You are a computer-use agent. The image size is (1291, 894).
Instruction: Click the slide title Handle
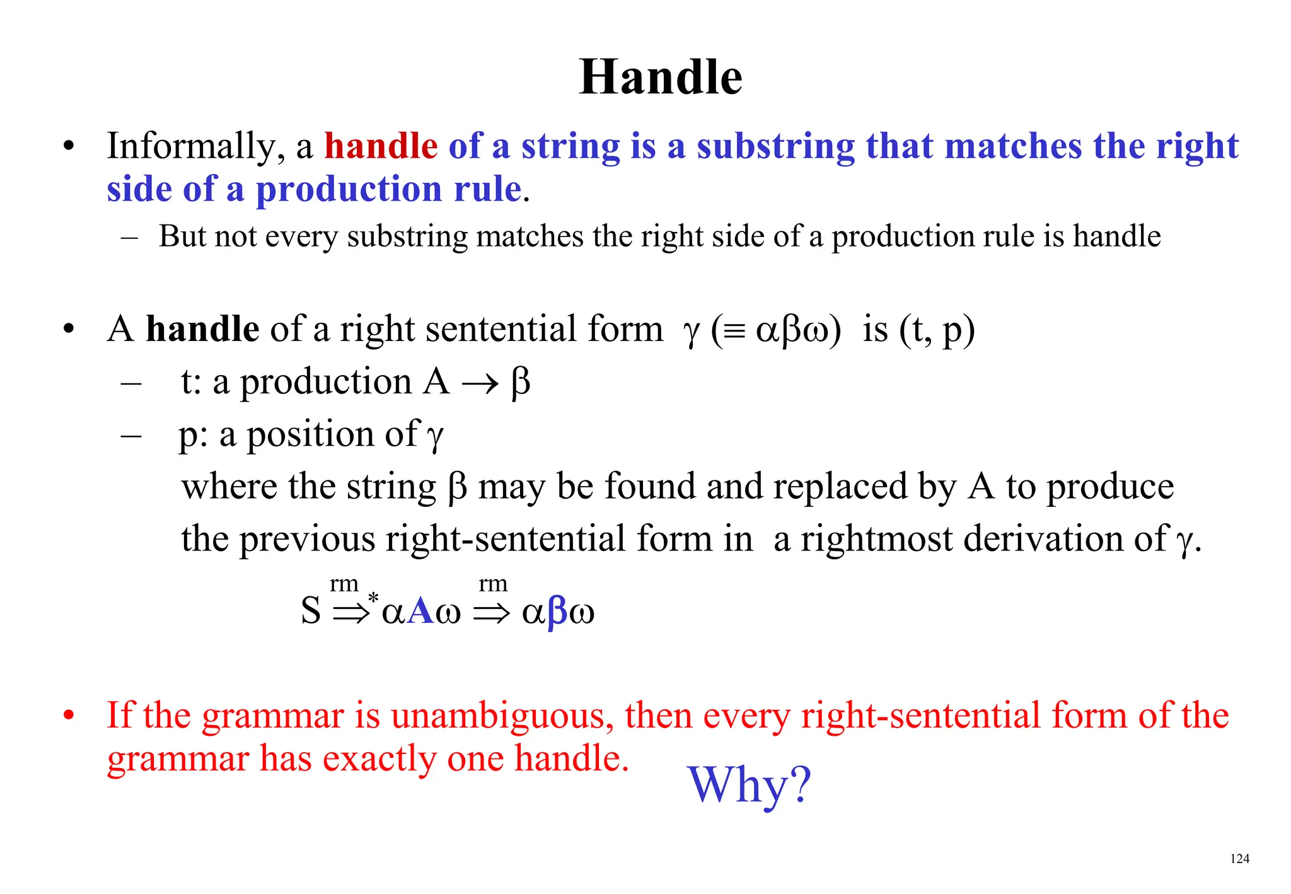[x=661, y=77]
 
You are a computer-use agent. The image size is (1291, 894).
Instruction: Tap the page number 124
[x=1239, y=859]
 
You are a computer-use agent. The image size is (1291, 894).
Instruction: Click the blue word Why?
[x=749, y=785]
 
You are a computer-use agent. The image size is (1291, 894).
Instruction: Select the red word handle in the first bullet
[x=381, y=146]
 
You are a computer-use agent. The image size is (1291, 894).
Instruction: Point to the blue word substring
[x=775, y=147]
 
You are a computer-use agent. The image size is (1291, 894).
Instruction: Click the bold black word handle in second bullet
[x=202, y=329]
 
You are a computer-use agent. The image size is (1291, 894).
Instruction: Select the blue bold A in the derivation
[x=420, y=611]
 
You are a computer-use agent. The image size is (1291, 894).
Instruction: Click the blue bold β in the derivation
[x=557, y=612]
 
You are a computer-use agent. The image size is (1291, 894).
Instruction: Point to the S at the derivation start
[x=311, y=610]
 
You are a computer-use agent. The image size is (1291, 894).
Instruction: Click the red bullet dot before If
[x=69, y=716]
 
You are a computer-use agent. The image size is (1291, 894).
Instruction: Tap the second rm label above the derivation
[x=493, y=584]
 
